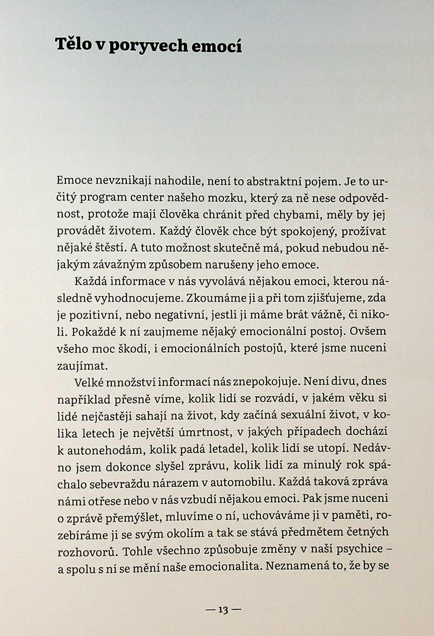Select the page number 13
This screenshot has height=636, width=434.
click(x=223, y=610)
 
